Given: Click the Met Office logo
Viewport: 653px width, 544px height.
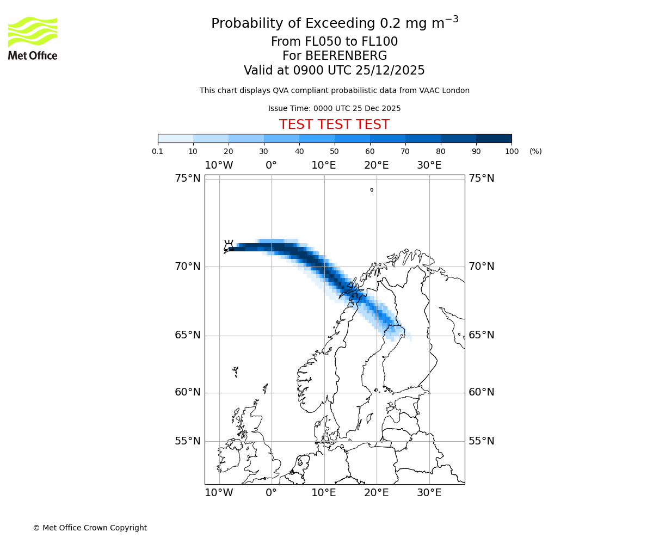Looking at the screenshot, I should pos(33,38).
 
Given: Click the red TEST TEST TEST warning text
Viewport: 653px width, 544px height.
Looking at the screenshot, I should pos(334,125).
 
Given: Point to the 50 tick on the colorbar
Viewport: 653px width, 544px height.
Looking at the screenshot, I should pos(335,143).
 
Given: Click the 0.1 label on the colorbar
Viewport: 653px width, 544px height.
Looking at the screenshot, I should pos(158,152).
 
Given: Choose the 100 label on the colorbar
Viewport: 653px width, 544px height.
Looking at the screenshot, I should pos(512,152).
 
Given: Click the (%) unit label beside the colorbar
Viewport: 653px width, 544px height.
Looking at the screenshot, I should pos(535,152).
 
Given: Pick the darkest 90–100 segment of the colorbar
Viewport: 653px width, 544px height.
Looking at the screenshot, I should pos(494,138).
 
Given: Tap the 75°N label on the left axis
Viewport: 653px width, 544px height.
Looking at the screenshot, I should pos(188,178).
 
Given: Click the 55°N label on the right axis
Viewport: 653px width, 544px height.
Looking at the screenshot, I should pos(482,441).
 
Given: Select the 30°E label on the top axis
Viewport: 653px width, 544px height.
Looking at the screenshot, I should pos(429,165).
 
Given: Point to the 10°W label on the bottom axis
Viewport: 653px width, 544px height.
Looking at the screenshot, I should pos(219,493).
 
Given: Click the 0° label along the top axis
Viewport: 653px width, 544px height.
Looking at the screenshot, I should pos(272,165).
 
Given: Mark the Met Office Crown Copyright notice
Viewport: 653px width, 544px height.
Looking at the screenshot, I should pos(90,528).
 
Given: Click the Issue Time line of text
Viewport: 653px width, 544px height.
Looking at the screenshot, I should pos(334,109).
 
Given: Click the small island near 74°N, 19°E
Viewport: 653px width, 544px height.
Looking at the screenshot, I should pos(372,190).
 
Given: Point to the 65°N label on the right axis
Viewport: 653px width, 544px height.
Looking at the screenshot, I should pos(482,335).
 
